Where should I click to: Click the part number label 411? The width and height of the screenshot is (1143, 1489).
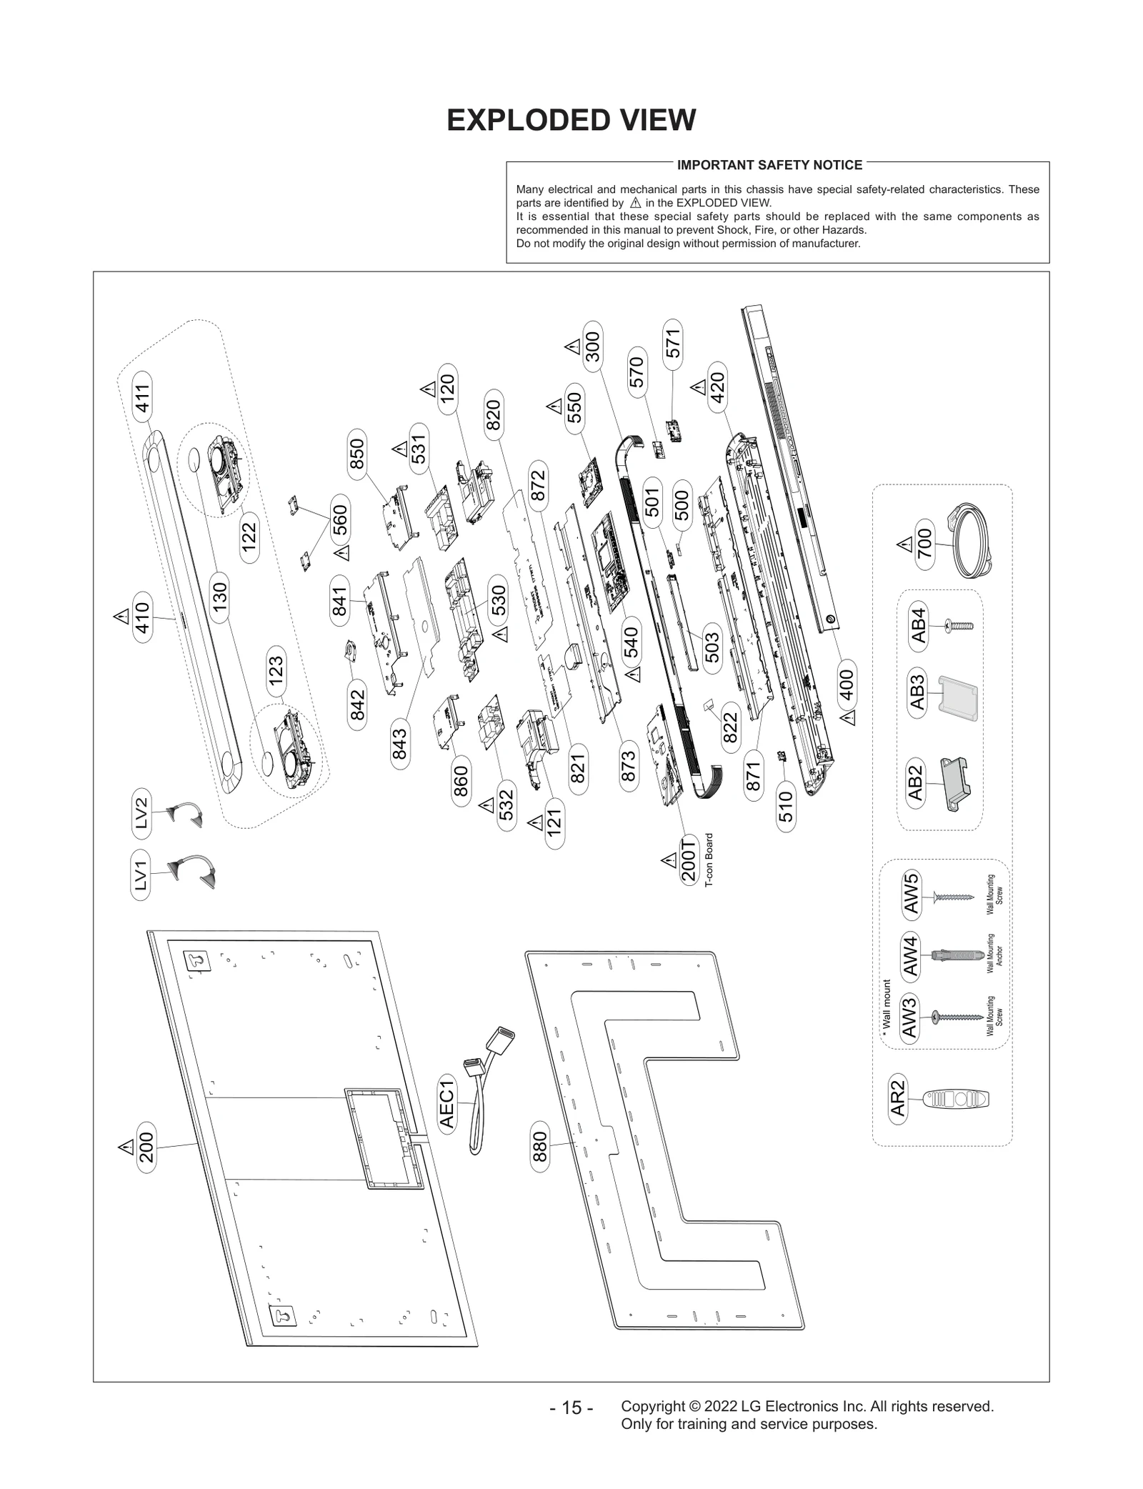coord(143,399)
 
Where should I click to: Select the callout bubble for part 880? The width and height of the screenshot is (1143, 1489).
coord(540,1146)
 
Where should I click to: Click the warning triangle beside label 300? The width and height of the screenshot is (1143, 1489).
coord(573,347)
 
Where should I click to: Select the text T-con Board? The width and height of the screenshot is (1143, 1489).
coord(709,860)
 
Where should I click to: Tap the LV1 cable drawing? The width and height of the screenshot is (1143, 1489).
coord(191,870)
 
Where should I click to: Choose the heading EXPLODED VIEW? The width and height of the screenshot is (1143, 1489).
coord(571,120)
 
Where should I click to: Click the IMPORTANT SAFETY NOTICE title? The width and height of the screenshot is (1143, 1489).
coord(769,165)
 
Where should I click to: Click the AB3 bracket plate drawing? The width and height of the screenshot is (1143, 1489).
coord(957,698)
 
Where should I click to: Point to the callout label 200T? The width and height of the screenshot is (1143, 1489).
coord(689,861)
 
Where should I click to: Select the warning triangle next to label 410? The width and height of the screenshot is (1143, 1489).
coord(121,614)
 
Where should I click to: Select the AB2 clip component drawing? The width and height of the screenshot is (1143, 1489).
coord(956,783)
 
